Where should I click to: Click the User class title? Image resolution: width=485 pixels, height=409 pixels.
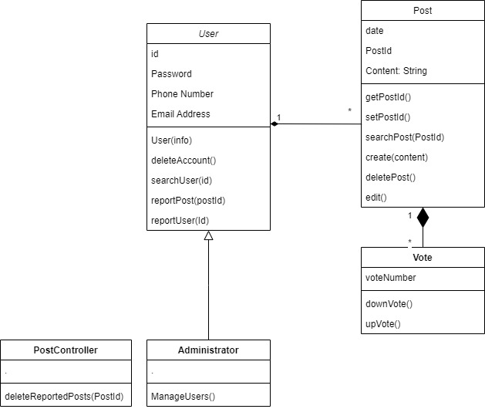(x=208, y=34)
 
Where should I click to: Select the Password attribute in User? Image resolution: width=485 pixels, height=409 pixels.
(x=171, y=74)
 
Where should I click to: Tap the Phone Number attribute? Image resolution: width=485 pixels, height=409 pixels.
(x=182, y=94)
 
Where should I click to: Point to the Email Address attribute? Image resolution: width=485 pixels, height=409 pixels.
(x=180, y=114)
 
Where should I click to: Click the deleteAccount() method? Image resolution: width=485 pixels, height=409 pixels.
(x=184, y=161)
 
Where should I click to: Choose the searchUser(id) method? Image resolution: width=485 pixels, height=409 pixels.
(x=181, y=181)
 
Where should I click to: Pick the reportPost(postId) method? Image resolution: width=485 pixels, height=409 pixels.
(x=187, y=201)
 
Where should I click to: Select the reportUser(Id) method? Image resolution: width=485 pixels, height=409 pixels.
(x=180, y=221)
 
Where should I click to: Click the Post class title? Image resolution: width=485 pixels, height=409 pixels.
(x=423, y=11)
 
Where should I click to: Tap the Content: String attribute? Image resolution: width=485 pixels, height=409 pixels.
(x=396, y=71)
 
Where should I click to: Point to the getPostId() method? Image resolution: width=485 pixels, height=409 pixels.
(x=388, y=97)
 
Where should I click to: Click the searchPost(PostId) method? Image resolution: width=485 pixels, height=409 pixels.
(x=404, y=137)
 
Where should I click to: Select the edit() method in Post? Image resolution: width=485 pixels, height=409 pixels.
(x=376, y=198)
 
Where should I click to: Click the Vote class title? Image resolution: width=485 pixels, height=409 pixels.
(x=423, y=258)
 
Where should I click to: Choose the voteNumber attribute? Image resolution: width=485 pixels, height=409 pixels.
(x=391, y=278)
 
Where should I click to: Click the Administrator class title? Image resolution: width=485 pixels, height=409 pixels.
(x=208, y=350)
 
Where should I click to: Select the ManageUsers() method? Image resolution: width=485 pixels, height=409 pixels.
(x=183, y=397)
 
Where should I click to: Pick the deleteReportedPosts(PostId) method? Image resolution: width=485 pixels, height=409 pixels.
(x=63, y=397)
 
